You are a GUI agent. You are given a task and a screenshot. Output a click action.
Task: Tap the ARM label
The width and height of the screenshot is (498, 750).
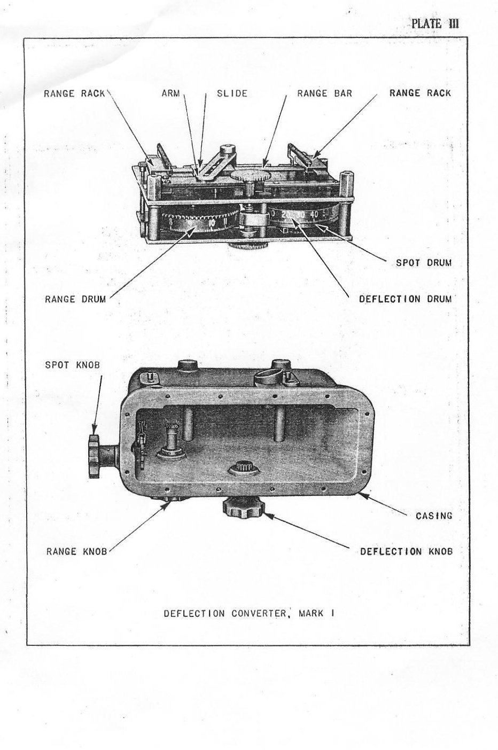(171, 93)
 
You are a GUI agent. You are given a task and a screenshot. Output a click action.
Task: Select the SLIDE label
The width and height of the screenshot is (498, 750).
(232, 93)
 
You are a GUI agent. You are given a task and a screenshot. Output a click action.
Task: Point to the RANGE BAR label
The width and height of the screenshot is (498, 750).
(324, 93)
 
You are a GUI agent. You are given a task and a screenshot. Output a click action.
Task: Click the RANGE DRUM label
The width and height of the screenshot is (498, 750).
(75, 299)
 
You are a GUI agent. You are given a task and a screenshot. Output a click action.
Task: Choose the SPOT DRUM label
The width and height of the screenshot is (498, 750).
(424, 263)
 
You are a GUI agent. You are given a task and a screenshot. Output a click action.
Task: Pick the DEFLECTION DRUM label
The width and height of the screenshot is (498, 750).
(406, 299)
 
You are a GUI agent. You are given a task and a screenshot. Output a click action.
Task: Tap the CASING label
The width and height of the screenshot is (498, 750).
(434, 515)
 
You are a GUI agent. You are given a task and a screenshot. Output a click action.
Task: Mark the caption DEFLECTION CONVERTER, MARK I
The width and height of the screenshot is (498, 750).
(249, 613)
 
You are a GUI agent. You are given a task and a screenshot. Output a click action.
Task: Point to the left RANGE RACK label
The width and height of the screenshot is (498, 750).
(74, 93)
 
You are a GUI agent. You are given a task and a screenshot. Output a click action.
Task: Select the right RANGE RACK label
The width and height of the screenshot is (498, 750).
(420, 93)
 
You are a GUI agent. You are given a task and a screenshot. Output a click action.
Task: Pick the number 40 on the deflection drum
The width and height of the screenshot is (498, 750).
(315, 215)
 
